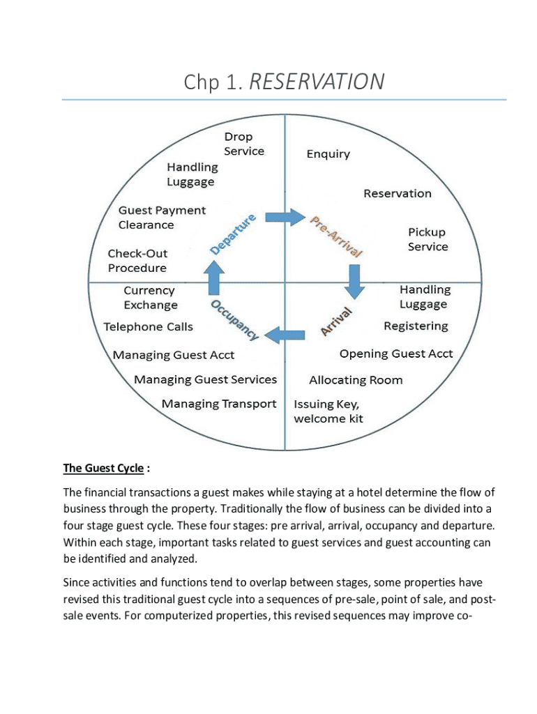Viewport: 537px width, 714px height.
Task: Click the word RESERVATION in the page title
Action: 316,82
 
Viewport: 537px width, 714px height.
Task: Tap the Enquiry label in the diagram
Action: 328,154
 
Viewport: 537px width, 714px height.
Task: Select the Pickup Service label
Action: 428,239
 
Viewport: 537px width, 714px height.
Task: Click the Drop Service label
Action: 244,144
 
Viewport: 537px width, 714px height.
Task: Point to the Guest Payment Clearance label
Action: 162,218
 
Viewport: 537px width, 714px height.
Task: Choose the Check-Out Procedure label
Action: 137,261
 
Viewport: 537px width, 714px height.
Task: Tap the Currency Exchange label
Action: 150,298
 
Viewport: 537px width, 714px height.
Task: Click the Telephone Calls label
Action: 148,326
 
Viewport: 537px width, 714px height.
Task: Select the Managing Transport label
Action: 219,404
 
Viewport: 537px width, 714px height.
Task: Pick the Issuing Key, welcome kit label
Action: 328,411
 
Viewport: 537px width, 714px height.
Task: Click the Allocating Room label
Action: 356,380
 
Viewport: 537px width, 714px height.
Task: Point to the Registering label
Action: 416,326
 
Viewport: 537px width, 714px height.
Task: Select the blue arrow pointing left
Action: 287,335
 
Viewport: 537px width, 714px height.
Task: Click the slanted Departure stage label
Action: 234,234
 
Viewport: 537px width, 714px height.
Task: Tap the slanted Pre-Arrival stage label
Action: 335,236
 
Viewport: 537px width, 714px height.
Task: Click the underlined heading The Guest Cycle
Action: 103,469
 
